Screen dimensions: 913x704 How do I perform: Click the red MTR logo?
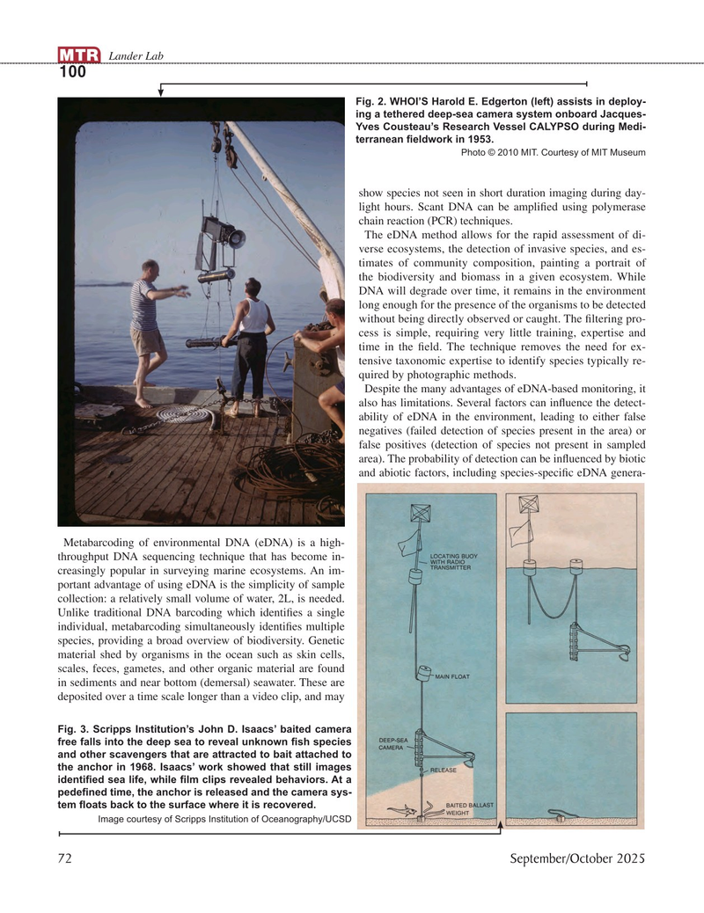click(x=78, y=57)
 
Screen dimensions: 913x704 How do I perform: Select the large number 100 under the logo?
click(x=72, y=73)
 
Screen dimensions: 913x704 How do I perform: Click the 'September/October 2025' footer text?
click(x=578, y=859)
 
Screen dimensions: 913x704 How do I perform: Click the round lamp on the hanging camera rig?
click(x=236, y=236)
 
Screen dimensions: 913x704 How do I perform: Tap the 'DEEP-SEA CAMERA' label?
click(x=392, y=744)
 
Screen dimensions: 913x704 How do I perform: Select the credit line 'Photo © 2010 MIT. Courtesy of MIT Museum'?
click(x=554, y=152)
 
